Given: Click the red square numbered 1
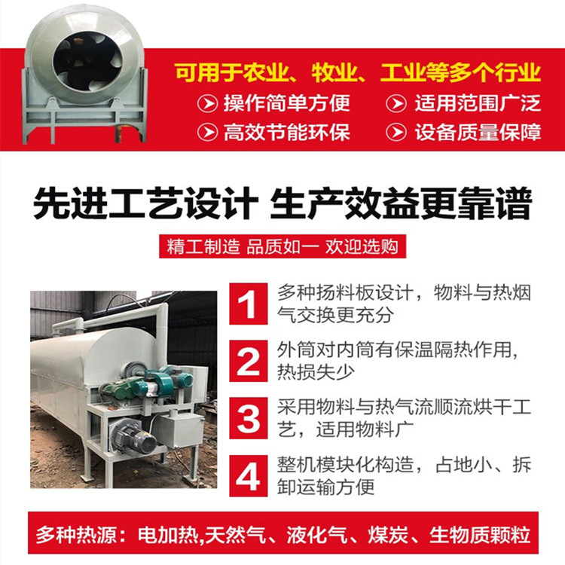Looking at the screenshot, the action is [249, 304].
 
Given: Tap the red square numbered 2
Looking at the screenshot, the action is [249, 361].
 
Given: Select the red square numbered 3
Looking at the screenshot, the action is [249, 418].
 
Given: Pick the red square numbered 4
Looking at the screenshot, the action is [249, 475].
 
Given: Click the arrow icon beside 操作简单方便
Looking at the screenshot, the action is [208, 103].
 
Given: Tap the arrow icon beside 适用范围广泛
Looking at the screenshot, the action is [396, 103].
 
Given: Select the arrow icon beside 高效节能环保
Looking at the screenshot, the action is [208, 132].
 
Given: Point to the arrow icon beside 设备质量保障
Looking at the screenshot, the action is [396, 132].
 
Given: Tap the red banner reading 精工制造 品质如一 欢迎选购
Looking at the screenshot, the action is [282, 246].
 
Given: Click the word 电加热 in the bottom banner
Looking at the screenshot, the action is [168, 535].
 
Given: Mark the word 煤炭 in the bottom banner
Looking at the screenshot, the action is [388, 535].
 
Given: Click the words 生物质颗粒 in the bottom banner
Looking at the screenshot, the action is [480, 535].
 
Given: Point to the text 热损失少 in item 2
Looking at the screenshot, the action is [316, 372].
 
